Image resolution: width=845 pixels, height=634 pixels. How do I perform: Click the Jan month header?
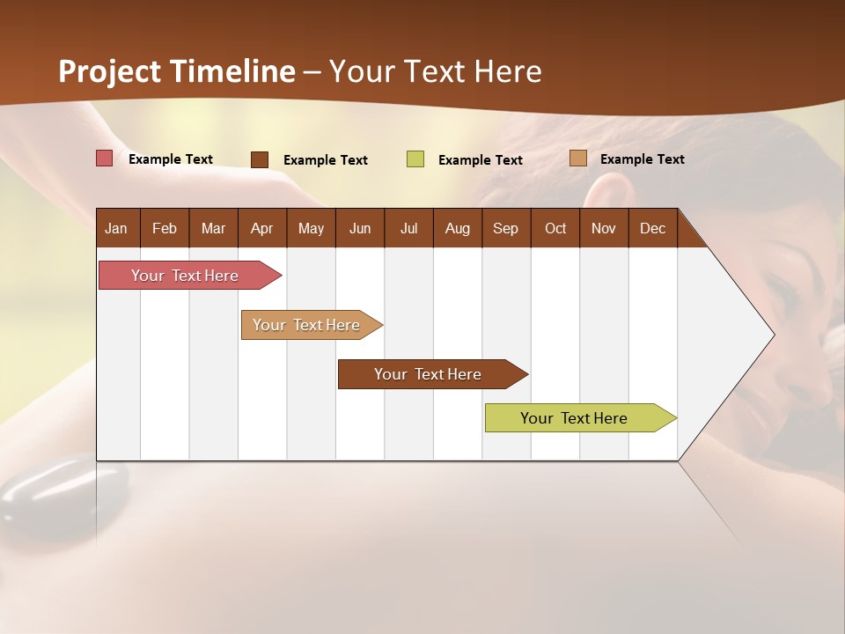point(116,228)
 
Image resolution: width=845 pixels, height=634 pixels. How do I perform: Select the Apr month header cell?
point(261,228)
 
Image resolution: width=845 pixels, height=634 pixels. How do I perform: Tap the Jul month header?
point(408,228)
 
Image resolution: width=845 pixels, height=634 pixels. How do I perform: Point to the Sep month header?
point(505,228)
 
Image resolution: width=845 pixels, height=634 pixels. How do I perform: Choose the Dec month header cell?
point(652,228)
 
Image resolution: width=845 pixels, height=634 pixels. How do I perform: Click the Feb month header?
point(165,228)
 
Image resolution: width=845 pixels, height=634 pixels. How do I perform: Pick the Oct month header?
point(555,228)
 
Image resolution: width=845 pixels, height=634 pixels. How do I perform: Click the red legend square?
point(105,158)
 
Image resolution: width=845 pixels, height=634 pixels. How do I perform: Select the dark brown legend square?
point(260,159)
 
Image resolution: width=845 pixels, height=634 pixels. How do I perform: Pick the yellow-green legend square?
point(415,159)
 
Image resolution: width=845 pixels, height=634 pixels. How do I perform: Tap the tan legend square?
point(577,158)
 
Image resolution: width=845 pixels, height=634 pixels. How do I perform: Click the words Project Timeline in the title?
point(177,71)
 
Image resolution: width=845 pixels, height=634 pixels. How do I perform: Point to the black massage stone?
point(35,498)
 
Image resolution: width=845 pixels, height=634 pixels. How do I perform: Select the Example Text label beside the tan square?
point(642,159)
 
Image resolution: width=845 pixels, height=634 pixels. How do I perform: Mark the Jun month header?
point(360,228)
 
